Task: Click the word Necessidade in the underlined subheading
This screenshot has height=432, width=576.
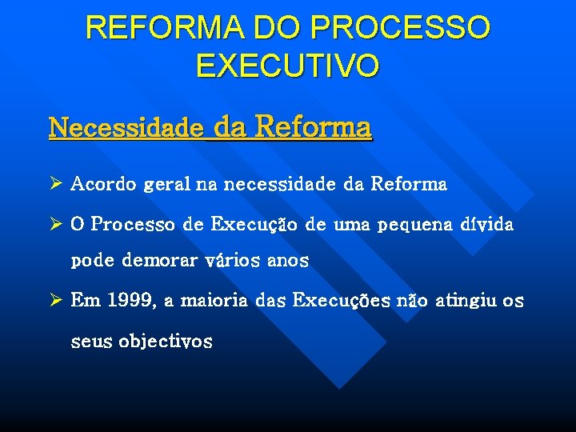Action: point(126,128)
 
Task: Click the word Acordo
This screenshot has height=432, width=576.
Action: point(104,185)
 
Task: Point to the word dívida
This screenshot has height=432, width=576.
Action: point(486,224)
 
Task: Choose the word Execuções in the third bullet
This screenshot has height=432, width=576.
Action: point(341,301)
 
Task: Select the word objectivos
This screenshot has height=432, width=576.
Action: point(165,342)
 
